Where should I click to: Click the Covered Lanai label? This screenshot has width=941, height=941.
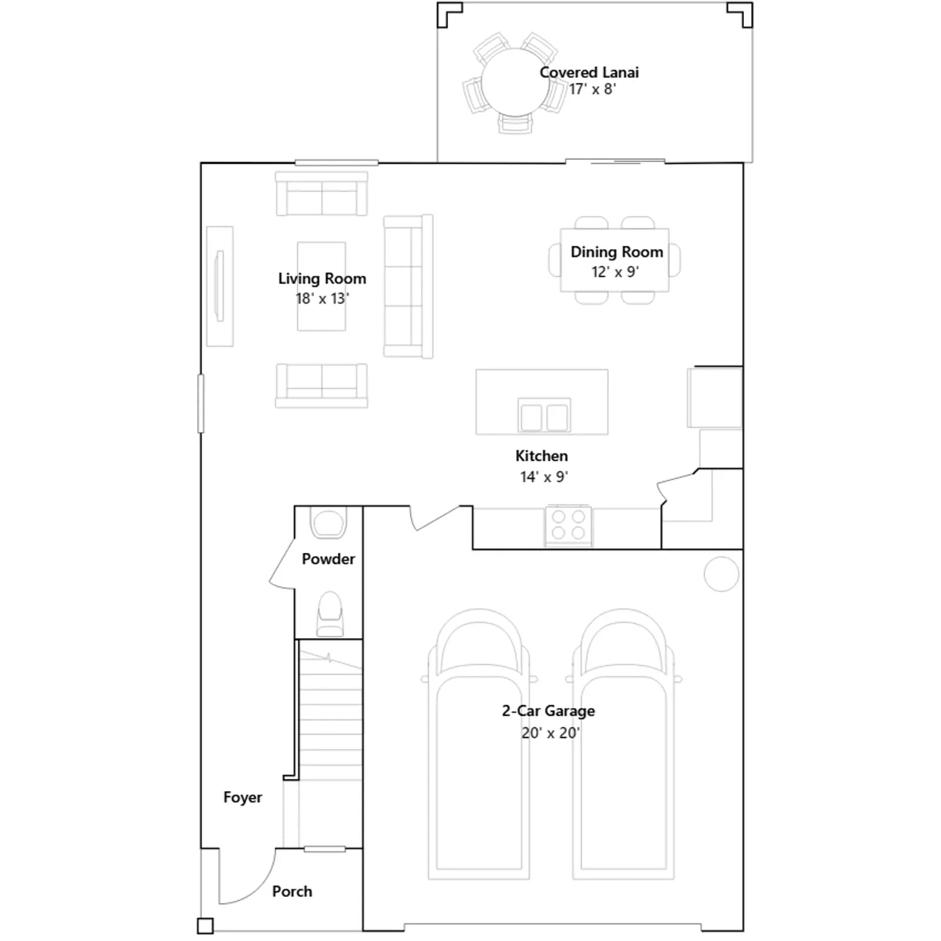coord(589,72)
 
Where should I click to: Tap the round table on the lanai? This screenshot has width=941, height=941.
coord(516,82)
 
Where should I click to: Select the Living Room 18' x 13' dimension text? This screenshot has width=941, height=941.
coord(322,298)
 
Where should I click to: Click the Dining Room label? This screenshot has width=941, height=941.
coord(617,252)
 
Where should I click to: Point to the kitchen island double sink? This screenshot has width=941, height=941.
coord(544,416)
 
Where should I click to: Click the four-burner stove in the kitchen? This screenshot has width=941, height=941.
coord(569,525)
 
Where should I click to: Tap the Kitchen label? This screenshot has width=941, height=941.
coord(542,456)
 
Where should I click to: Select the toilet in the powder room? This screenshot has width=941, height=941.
coord(330,614)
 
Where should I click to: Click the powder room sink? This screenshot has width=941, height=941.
coord(328,523)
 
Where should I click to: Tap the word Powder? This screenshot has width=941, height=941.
coord(328,559)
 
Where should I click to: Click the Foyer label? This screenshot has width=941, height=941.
coord(242,797)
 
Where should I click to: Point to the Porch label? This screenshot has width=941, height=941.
coord(292,892)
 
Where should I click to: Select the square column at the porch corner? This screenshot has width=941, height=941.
coord(205,926)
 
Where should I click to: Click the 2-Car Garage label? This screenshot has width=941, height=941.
coord(548,711)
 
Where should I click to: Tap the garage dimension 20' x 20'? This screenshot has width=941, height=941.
coord(550,733)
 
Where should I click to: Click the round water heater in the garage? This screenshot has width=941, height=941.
coord(721,574)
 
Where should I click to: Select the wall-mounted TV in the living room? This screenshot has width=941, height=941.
coord(220,286)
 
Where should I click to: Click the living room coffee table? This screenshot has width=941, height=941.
coord(321,286)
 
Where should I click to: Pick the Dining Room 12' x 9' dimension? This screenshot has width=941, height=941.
coord(615,272)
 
